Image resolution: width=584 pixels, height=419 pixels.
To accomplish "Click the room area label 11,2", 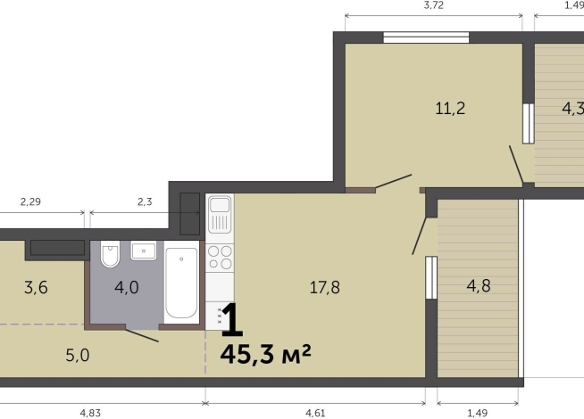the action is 450,109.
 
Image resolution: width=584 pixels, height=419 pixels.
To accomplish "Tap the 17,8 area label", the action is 325,287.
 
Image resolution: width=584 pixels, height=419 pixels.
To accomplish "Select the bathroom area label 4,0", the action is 127,287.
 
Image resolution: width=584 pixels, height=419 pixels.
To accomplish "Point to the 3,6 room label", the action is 36,287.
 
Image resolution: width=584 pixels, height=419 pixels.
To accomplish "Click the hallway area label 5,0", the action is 78,356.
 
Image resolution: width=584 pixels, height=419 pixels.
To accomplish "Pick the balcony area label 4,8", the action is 479,286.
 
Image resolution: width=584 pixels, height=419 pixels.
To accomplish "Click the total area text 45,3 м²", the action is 265,354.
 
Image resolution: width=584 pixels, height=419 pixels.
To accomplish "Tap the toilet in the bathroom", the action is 110,254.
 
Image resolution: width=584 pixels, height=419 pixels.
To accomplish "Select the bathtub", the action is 181,283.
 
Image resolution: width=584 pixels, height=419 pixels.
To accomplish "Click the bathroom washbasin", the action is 144,251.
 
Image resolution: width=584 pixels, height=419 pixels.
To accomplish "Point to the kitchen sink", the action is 220,215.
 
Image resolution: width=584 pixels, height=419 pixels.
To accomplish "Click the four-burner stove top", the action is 220,258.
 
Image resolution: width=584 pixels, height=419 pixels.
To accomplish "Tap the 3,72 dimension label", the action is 434,5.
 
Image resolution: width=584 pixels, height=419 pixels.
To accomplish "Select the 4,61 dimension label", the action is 315,413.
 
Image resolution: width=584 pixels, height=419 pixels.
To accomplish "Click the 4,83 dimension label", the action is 90,413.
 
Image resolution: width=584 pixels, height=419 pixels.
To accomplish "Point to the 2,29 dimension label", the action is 30,201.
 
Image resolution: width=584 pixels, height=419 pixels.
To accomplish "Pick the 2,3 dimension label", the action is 145,201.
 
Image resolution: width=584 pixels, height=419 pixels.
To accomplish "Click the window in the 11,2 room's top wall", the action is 427,37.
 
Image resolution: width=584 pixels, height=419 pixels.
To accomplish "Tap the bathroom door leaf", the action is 142,335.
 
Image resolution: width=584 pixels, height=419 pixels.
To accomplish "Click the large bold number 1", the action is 232,319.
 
